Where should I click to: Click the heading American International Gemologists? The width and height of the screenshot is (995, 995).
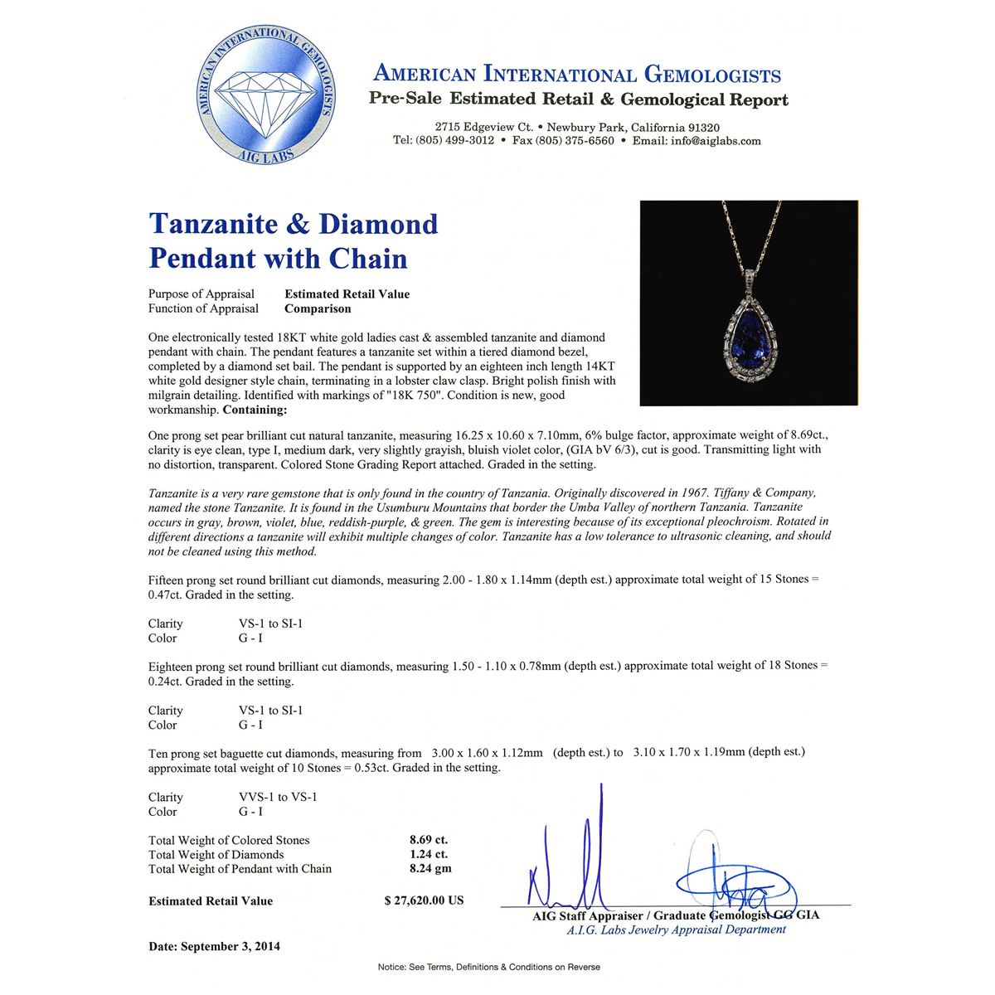[577, 75]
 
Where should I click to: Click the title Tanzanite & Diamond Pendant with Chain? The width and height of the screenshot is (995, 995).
[293, 240]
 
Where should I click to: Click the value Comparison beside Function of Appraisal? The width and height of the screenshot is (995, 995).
[318, 308]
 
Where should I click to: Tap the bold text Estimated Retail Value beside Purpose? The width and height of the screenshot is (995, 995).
[347, 294]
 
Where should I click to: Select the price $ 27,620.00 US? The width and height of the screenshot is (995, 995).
[424, 900]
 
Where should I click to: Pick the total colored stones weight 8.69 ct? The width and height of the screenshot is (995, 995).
[429, 840]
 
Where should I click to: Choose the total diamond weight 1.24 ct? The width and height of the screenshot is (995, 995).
[429, 855]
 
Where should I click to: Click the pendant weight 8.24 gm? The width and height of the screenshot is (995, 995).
[430, 869]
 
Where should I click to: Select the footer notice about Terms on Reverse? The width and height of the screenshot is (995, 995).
[488, 967]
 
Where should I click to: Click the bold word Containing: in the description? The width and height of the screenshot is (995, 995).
[255, 410]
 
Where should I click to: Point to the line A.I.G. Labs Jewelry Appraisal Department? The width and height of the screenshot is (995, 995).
[676, 929]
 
